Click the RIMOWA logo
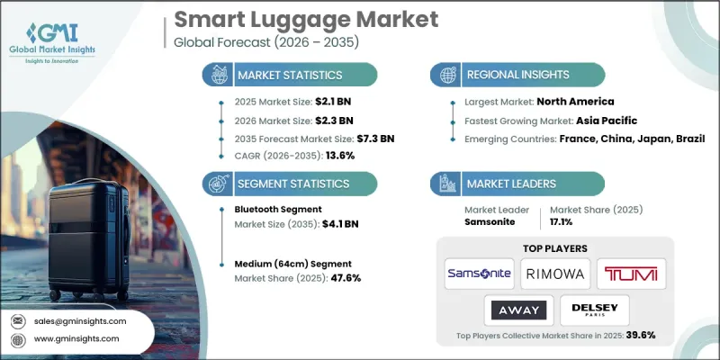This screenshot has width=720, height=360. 555,271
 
